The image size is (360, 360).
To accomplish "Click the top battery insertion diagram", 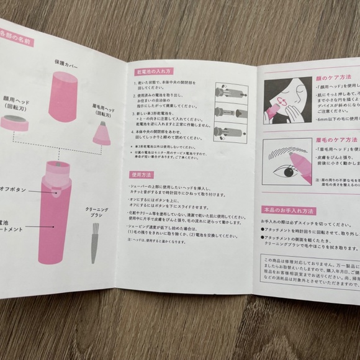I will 230,93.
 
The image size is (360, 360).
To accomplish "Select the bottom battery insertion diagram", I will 230,132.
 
